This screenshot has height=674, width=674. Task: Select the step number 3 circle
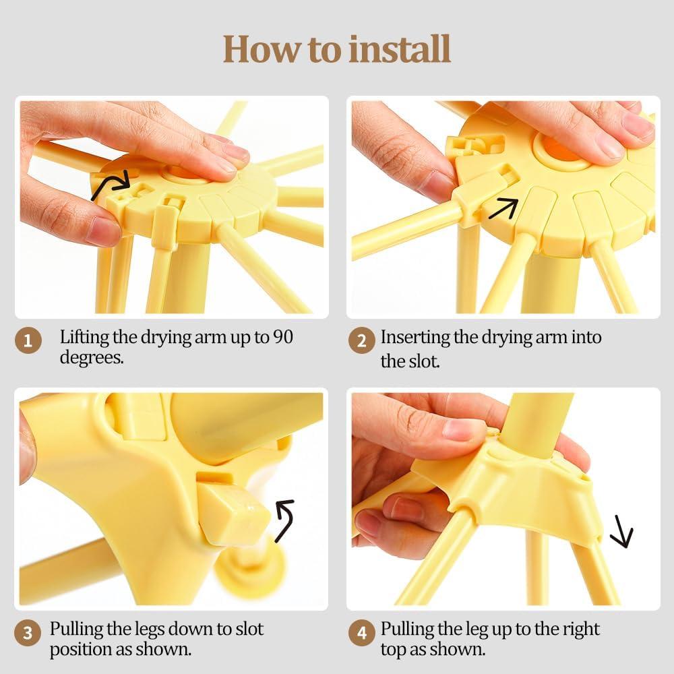[x=28, y=634]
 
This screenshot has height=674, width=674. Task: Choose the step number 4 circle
[x=362, y=634]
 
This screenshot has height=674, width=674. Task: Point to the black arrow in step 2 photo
[x=502, y=208]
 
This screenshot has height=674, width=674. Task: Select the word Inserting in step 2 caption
[x=415, y=337]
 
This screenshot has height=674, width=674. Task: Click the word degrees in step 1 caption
[x=92, y=357]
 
